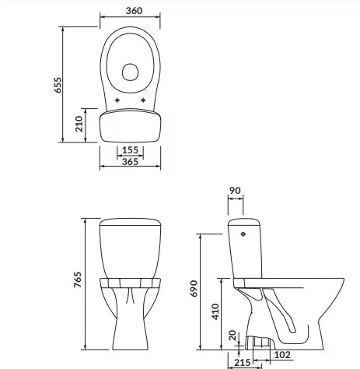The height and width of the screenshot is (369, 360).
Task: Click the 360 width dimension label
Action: click(x=134, y=11)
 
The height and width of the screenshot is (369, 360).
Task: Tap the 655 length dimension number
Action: click(x=58, y=85)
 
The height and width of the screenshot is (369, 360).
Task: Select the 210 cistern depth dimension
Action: click(x=79, y=124)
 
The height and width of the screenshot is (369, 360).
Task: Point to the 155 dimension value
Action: click(x=130, y=150)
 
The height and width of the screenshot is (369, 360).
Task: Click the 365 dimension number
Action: click(x=130, y=162)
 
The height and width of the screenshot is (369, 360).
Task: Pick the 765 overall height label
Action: click(x=78, y=279)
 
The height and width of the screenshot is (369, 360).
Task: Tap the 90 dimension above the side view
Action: click(x=235, y=191)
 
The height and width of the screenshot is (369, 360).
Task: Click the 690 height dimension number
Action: click(x=194, y=288)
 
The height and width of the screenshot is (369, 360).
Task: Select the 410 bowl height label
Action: click(x=215, y=311)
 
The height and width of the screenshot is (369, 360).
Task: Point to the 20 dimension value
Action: click(x=232, y=335)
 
